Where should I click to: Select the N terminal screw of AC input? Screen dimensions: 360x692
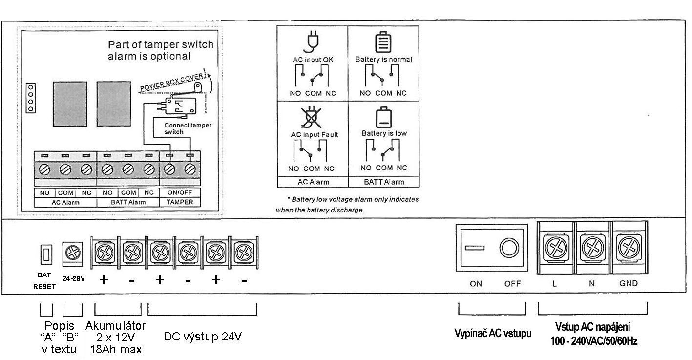coord(592,249)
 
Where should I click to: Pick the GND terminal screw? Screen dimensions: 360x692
coord(629,249)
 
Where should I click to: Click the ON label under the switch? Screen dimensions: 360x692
coord(476,283)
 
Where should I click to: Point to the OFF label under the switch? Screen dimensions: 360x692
coord(513,283)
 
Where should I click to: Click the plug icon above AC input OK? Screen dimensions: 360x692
coord(312,42)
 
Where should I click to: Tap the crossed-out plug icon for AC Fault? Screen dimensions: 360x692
coord(312,117)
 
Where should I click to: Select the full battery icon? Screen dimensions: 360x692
coord(383,42)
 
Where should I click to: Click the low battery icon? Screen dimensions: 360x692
coord(383,118)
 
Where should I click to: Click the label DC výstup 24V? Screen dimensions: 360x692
coord(202,337)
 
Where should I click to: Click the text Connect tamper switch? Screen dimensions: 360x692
coord(188,128)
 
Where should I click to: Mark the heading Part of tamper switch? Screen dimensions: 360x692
coord(160,45)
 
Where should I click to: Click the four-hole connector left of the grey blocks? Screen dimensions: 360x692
coord(31,98)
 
